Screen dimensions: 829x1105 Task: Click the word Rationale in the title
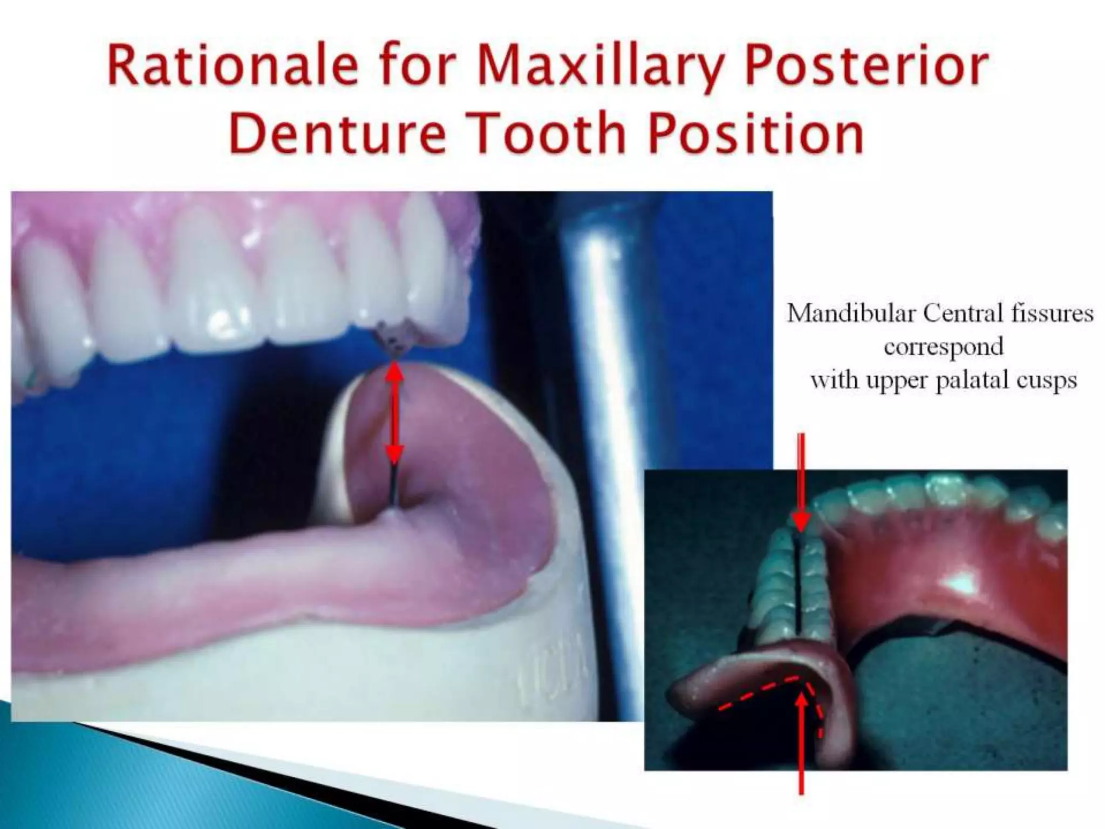(x=232, y=67)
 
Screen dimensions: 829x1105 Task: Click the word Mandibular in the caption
(x=852, y=313)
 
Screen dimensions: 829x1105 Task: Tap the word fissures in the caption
(x=1052, y=313)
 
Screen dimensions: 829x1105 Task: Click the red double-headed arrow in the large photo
(x=395, y=413)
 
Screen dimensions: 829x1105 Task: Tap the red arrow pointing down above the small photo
(x=801, y=480)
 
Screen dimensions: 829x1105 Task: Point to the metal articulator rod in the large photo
(x=610, y=378)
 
